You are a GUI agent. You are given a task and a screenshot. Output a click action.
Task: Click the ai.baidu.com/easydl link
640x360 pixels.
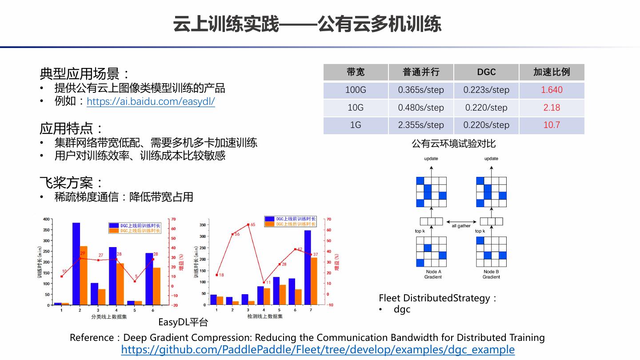pos(151,101)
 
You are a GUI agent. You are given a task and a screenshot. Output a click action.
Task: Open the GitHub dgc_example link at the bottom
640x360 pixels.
pos(318,350)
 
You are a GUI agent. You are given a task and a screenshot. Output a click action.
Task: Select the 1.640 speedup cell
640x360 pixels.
pos(552,90)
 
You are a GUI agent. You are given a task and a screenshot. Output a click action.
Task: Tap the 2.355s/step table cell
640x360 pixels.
pos(421,125)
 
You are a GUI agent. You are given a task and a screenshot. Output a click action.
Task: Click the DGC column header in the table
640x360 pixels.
pos(486,72)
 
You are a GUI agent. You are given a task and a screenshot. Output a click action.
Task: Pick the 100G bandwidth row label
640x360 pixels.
pos(356,90)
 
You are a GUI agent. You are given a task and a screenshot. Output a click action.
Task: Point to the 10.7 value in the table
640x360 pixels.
pos(552,125)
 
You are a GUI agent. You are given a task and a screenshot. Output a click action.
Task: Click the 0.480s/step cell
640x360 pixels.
pos(421,108)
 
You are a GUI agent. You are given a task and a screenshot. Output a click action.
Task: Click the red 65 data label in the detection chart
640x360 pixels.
pos(253,224)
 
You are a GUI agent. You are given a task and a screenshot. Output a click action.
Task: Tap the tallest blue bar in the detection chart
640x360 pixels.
pos(308,267)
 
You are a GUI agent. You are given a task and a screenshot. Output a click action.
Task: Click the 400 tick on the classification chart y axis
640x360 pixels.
pos(47,219)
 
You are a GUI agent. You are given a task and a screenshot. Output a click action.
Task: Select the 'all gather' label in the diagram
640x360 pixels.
pos(461,226)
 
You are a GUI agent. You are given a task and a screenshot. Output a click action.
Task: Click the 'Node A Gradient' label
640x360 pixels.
pos(433,274)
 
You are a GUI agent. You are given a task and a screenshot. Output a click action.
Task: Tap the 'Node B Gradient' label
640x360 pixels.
pos(491,274)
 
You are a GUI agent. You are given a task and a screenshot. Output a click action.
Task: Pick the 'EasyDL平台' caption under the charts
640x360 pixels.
pos(183,322)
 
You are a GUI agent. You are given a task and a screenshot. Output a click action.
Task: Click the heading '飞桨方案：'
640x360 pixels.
pos(72,182)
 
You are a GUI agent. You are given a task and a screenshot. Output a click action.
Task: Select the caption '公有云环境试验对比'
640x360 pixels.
pos(453,144)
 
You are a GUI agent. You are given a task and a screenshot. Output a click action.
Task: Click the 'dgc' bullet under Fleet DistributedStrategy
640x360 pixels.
pos(402,309)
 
